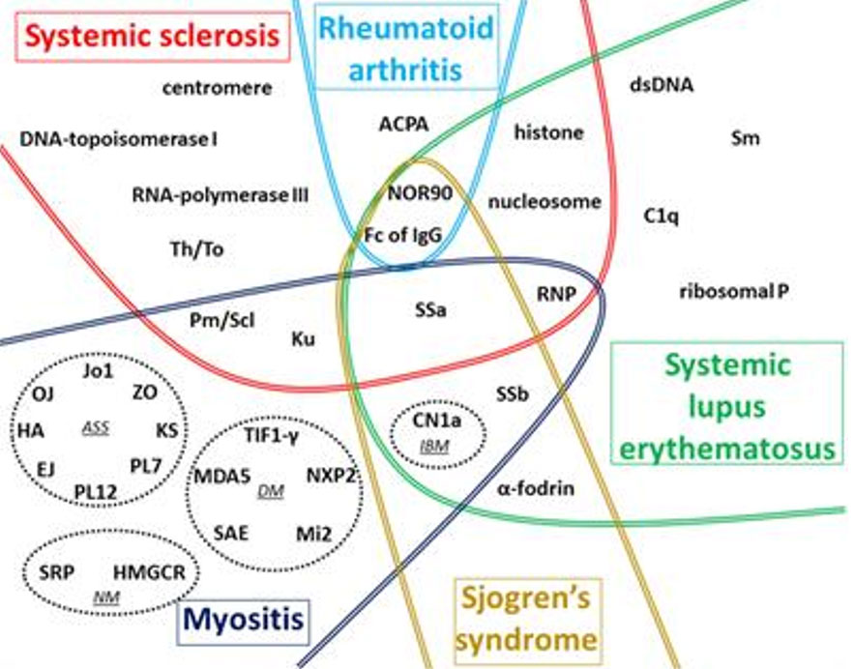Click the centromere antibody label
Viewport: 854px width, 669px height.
(x=217, y=89)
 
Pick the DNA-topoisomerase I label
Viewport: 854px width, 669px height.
(x=118, y=139)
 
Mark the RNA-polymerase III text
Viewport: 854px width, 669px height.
(x=220, y=196)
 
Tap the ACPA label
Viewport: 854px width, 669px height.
(x=403, y=123)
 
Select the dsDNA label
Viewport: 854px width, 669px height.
(x=662, y=85)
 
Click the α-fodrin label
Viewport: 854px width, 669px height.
(x=536, y=489)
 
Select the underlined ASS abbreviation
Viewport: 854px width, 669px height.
(x=95, y=427)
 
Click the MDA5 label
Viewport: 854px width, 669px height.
(x=221, y=476)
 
